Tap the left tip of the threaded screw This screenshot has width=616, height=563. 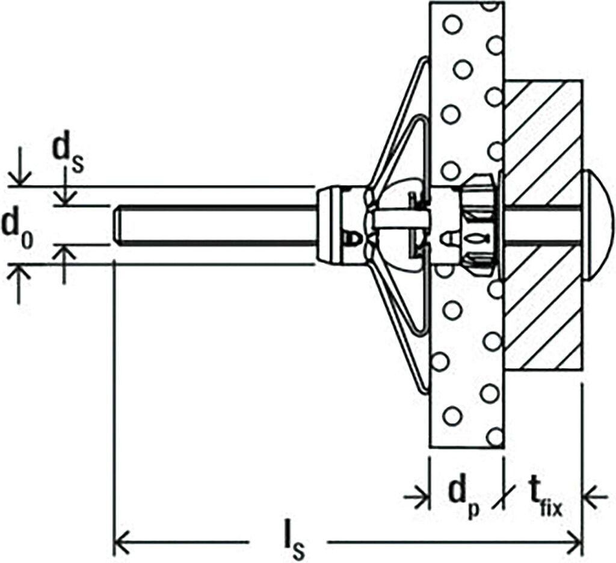click(x=115, y=225)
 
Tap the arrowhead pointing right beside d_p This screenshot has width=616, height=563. click(x=420, y=496)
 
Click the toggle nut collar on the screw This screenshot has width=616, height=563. click(x=333, y=225)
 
